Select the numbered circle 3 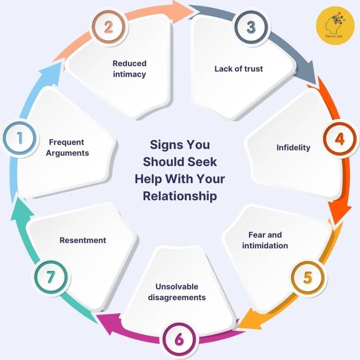click(251, 27)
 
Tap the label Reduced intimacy click(130, 69)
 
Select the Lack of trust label click(238, 69)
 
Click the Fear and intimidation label click(265, 240)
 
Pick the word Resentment click(83, 240)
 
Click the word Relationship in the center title click(180, 196)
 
